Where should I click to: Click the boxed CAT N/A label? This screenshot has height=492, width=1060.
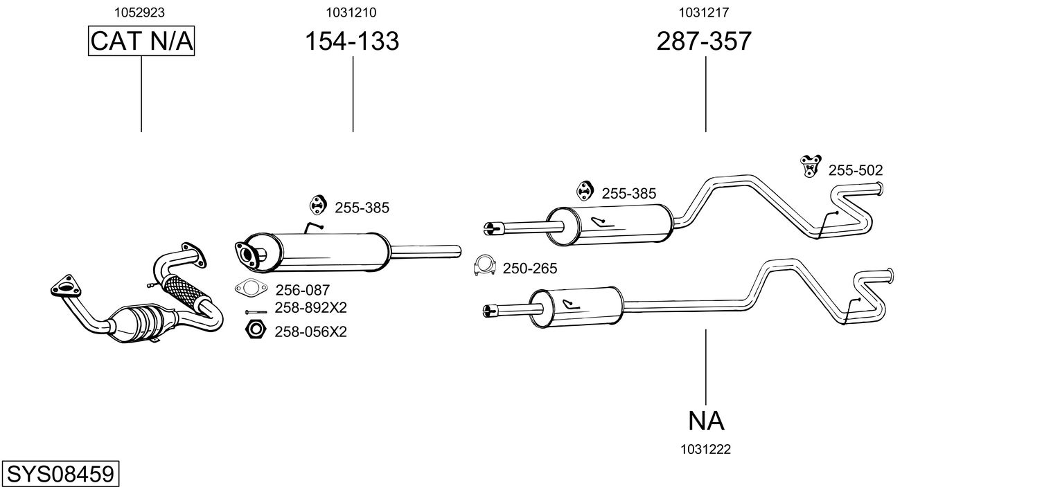pos(141,41)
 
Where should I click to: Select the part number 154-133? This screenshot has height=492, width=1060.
pos(352,41)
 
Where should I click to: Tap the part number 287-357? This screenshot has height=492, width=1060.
pos(704,41)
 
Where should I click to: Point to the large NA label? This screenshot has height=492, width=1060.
pos(705,421)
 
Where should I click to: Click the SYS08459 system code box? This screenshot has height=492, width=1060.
pos(60,473)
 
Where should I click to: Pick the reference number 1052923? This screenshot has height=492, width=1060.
pos(139,12)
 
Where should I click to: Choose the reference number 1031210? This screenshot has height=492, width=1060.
pos(351,12)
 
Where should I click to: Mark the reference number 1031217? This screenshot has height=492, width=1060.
pos(704,12)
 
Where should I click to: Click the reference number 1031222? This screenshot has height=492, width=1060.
pos(705,450)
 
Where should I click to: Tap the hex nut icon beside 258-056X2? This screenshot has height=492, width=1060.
pos(256,329)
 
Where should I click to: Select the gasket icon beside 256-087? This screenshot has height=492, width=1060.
pos(251,288)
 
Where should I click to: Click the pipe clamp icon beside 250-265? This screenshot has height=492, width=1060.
pos(484,266)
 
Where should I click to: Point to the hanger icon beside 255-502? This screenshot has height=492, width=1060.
pos(811,166)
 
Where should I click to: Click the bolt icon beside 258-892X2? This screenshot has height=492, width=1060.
pos(256,312)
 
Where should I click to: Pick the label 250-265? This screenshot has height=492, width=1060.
pos(530,268)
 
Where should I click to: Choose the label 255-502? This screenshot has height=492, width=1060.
pos(856,170)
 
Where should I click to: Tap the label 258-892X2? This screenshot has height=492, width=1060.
pos(311,308)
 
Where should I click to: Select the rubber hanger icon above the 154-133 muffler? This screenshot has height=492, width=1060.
pos(317,205)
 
